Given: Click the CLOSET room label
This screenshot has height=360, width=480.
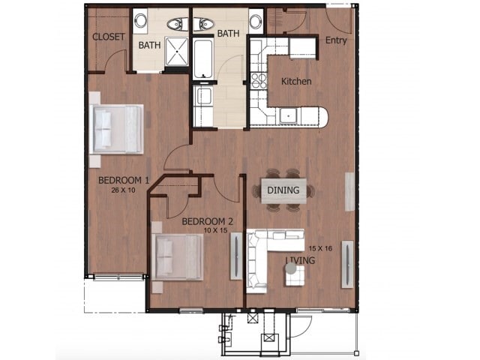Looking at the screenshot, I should (x=107, y=37).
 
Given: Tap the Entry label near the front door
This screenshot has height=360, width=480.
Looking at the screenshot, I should (x=335, y=40).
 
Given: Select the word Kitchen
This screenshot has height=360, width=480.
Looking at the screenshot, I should (x=296, y=81).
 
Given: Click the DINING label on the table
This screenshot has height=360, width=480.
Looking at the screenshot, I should (x=283, y=190).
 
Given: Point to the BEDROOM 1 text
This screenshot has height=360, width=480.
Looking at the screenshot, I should (x=124, y=180).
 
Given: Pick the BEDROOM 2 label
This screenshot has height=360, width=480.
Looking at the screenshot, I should (x=208, y=221).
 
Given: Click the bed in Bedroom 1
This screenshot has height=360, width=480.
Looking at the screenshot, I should (x=117, y=129).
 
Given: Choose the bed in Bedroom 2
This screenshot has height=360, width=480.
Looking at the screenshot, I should (x=178, y=257).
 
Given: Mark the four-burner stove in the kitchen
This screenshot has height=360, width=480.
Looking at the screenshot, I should (x=258, y=78).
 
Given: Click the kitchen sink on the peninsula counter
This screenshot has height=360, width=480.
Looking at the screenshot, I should (x=287, y=115).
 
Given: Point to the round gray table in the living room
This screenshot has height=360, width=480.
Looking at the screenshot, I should (x=290, y=268).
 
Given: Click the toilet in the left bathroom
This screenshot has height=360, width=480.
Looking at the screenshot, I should (x=178, y=23).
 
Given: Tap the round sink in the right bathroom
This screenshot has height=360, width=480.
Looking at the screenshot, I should (x=255, y=20).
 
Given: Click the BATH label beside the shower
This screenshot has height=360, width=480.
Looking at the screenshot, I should (x=149, y=45).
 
